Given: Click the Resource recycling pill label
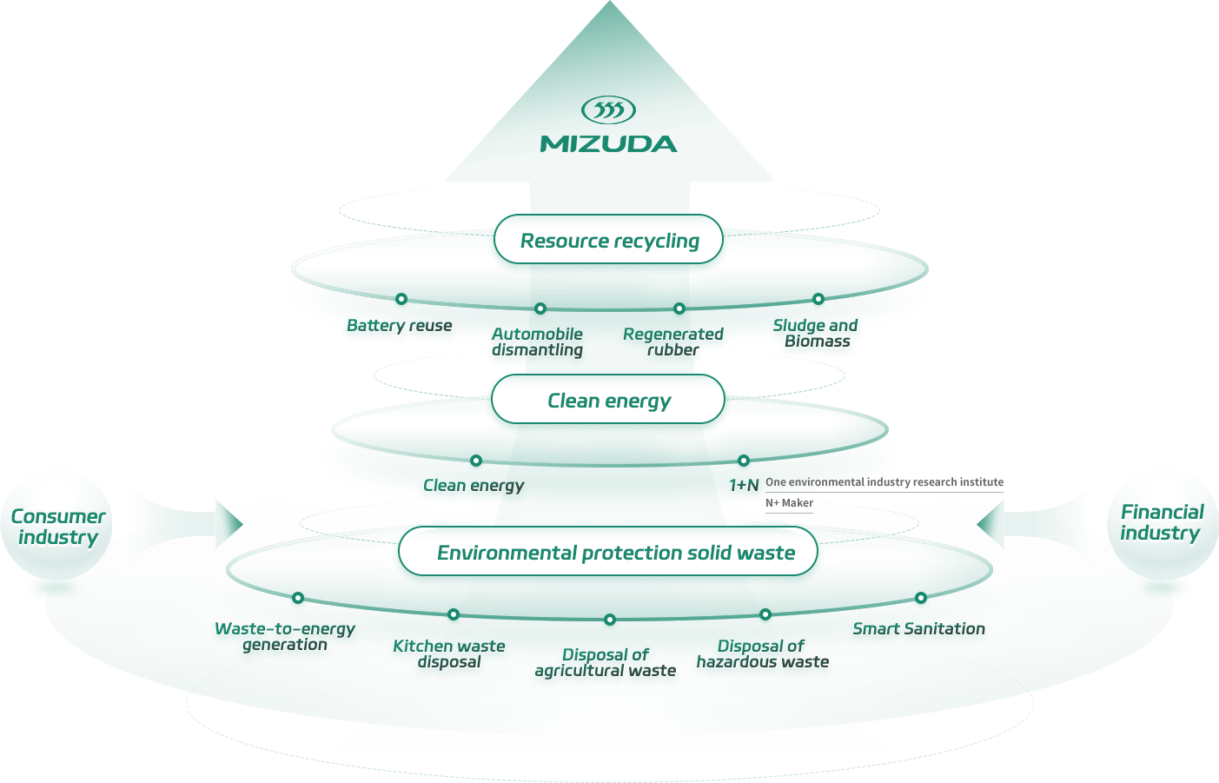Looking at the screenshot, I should (x=609, y=241).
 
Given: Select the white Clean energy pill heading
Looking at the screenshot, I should (x=608, y=401).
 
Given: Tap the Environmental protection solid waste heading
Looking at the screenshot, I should (x=615, y=553).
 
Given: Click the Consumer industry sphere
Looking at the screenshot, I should (x=57, y=526).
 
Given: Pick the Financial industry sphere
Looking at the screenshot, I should (x=1162, y=522).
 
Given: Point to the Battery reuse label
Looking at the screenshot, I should (x=399, y=326).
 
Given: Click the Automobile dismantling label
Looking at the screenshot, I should (x=537, y=342).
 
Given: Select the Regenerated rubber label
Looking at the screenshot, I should (x=673, y=342).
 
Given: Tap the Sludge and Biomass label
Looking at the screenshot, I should (x=816, y=333).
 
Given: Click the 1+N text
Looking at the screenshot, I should (x=744, y=485).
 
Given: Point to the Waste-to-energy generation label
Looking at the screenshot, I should (x=285, y=636).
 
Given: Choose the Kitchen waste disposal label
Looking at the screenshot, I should (x=448, y=654).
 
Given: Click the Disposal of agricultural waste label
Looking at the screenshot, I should (x=606, y=662).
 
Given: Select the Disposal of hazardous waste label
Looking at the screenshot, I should (x=762, y=654).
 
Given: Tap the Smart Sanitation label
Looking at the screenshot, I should (x=918, y=628).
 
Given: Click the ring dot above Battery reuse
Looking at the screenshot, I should (x=401, y=300).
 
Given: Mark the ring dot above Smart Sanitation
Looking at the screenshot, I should (x=920, y=598).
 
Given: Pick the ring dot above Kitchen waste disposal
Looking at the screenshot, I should (x=454, y=614).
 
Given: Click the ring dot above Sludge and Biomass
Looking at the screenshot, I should (x=818, y=300).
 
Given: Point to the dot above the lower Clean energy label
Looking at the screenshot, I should (x=476, y=461).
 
